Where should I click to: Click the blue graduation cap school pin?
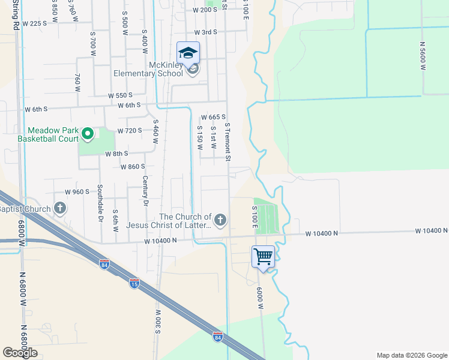[188, 53]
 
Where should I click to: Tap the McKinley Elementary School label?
[149, 69]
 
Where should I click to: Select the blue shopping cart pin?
[263, 257]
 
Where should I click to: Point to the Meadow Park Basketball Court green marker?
[87, 134]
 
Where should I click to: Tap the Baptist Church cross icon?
[59, 209]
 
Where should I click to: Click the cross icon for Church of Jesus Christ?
[220, 220]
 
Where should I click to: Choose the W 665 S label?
[213, 117]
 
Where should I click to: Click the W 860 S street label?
[133, 166]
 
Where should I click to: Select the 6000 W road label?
[261, 298]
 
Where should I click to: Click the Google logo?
[20, 353]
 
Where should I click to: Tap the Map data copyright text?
[411, 355]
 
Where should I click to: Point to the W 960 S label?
[77, 192]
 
